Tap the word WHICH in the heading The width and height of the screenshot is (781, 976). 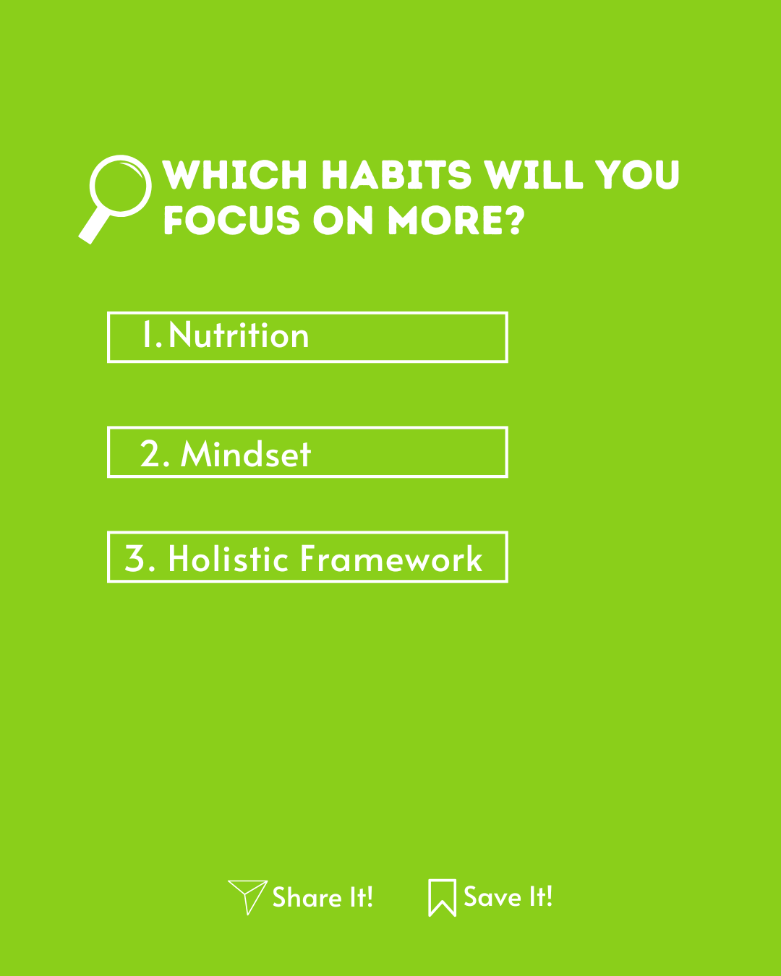pyautogui.click(x=235, y=174)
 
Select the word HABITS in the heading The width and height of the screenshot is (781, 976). pyautogui.click(x=396, y=174)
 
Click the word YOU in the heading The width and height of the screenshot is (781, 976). pyautogui.click(x=636, y=174)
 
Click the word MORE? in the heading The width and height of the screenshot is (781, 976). pyautogui.click(x=456, y=221)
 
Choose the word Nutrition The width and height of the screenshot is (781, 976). pyautogui.click(x=239, y=335)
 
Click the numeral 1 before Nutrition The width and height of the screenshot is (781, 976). pyautogui.click(x=147, y=334)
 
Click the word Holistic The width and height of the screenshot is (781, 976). pyautogui.click(x=229, y=558)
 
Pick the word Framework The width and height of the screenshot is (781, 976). pyautogui.click(x=391, y=558)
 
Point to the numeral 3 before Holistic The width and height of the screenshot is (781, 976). pyautogui.click(x=135, y=558)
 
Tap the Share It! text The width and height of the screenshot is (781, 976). pyautogui.click(x=323, y=897)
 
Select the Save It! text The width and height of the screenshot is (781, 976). pyautogui.click(x=508, y=896)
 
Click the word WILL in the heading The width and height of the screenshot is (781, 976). pyautogui.click(x=533, y=174)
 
